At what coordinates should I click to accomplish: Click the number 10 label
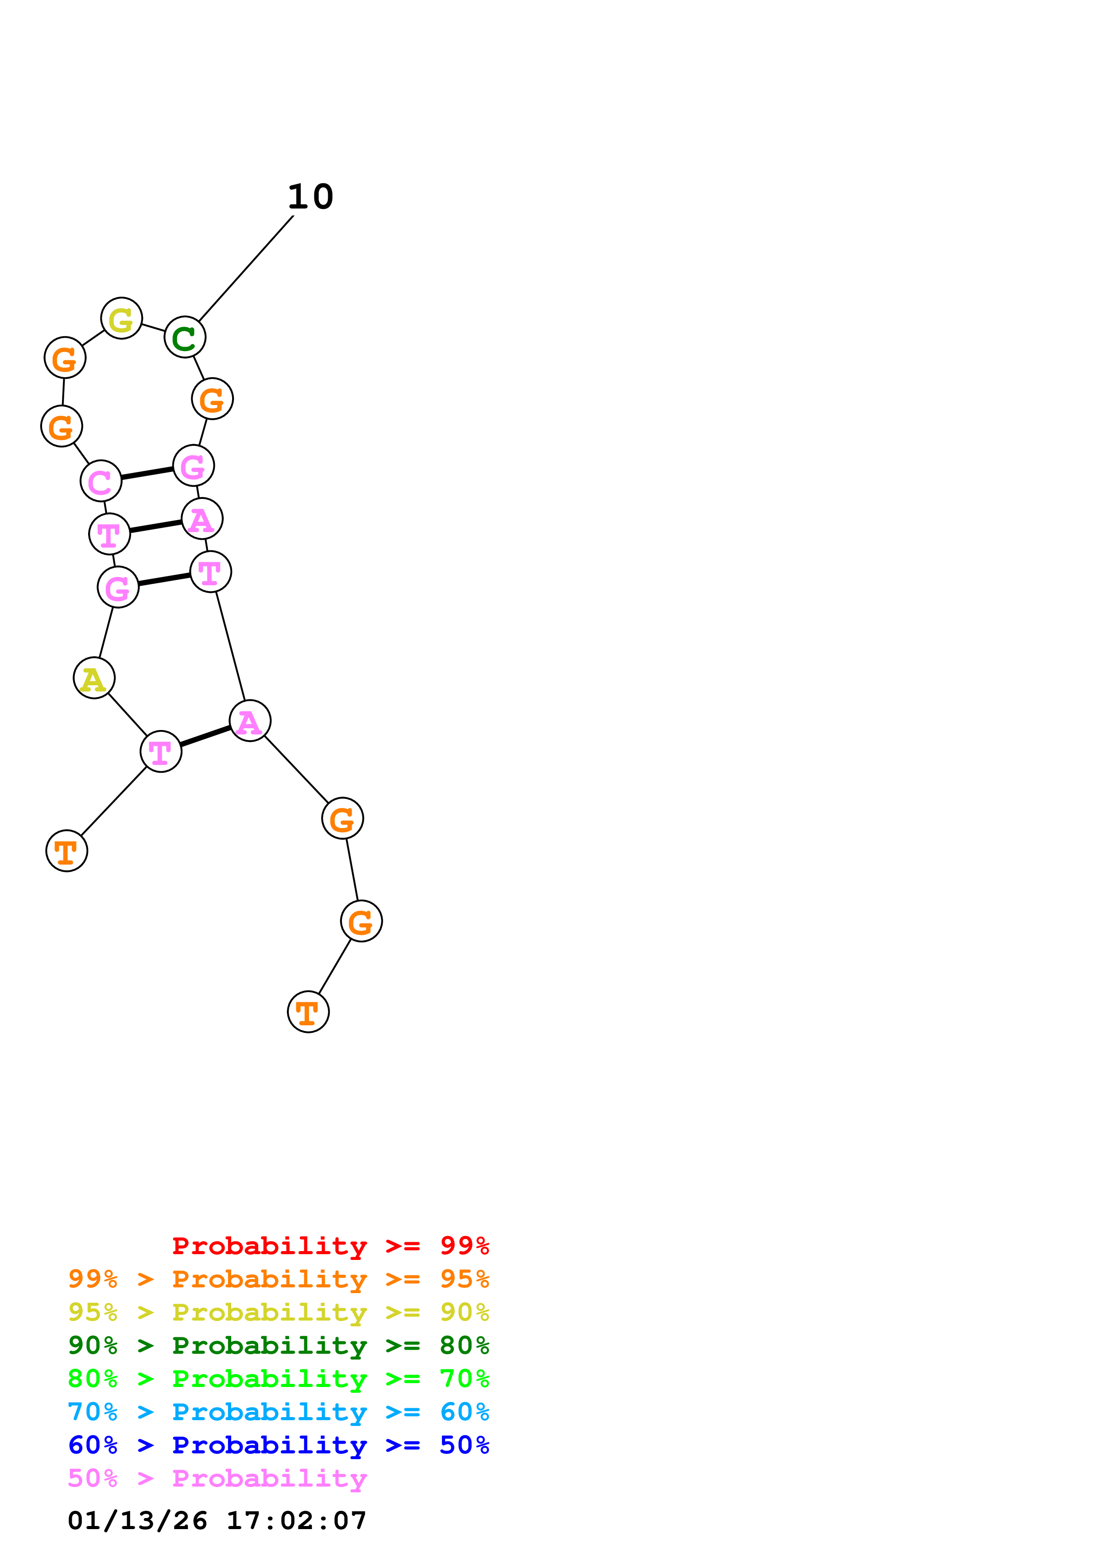310,197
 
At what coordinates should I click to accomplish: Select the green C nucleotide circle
185,337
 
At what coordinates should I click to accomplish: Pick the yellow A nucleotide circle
94,678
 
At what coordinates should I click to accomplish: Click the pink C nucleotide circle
101,481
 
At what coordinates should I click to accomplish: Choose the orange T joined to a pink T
66,850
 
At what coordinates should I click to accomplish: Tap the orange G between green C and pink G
213,399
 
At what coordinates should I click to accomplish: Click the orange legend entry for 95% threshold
278,1279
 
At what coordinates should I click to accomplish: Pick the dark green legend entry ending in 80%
278,1345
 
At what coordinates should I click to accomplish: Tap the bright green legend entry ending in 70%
278,1379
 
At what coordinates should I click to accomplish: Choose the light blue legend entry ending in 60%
278,1412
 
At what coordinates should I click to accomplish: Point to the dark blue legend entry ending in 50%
278,1445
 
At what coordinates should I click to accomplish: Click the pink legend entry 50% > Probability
217,1478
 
